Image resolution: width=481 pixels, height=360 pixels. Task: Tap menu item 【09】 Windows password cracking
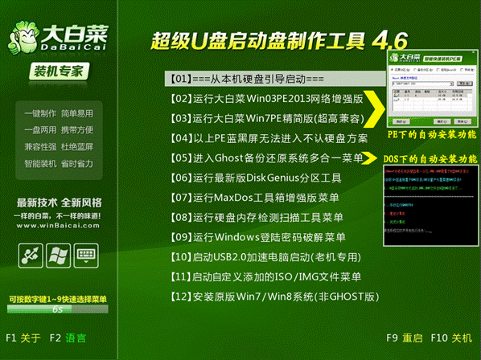click(257, 237)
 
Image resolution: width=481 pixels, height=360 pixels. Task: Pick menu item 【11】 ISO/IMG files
click(265, 277)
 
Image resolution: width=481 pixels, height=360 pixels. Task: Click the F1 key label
click(11, 338)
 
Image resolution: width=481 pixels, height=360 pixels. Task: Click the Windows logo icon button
click(57, 256)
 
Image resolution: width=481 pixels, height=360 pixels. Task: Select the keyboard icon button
click(85, 256)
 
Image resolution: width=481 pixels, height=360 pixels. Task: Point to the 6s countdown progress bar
click(57, 308)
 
